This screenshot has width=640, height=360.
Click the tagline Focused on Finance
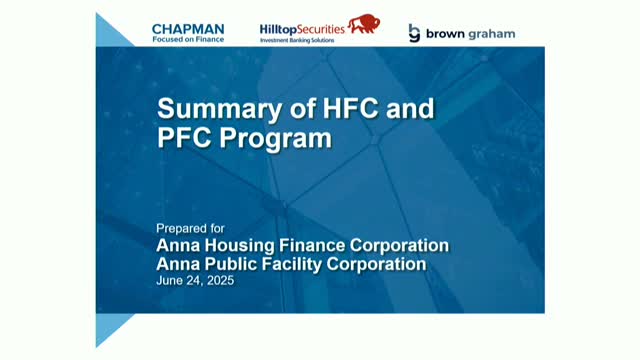coord(188,39)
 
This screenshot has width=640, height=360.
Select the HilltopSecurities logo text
coord(301,29)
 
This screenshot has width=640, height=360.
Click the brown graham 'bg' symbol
coord(414,34)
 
